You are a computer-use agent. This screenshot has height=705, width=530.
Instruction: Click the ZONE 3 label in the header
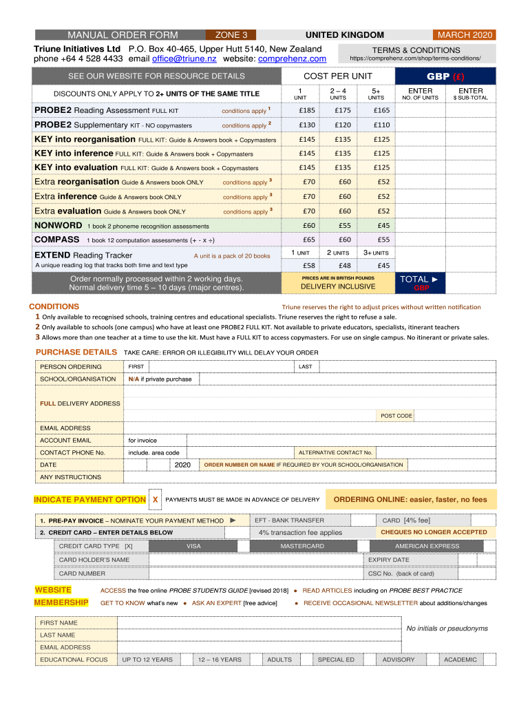point(231,35)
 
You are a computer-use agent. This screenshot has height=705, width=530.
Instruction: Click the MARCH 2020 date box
point(465,35)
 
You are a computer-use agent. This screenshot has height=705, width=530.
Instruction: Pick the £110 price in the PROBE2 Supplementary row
point(381,125)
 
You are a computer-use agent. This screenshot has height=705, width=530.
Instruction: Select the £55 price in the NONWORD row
point(342,225)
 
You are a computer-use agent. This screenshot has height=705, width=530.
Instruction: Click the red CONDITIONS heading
point(54,306)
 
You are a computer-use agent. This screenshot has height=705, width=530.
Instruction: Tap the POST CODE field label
point(396,416)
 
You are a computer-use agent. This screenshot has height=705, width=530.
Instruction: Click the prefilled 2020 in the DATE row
point(182,465)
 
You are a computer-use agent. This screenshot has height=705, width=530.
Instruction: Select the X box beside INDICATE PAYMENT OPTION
point(156,499)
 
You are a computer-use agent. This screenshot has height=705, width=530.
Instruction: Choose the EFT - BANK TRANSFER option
point(289,520)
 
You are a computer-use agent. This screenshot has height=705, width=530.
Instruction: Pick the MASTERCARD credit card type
point(302,546)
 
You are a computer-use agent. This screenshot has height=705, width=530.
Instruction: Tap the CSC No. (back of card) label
point(401,573)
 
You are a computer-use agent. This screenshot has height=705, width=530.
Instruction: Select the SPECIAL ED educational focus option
point(336,660)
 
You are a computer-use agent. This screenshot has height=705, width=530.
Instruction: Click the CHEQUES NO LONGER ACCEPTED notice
point(434,532)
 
